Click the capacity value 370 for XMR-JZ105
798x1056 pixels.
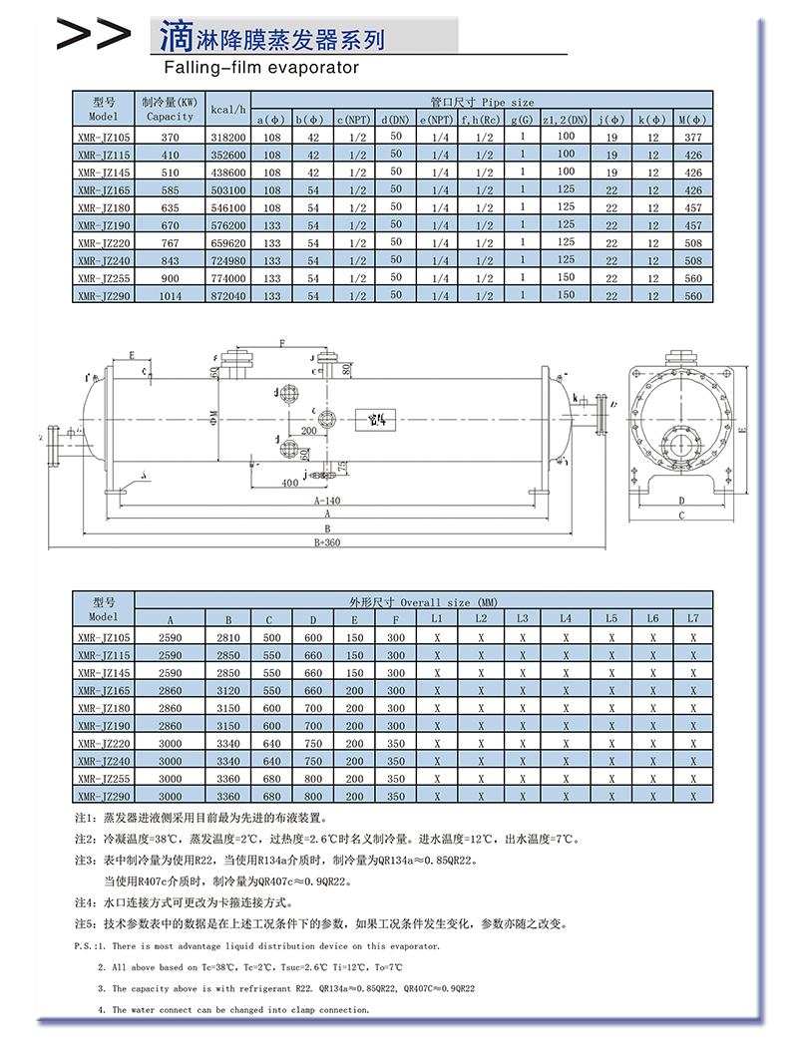point(170,137)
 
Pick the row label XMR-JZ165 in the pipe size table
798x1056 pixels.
point(103,189)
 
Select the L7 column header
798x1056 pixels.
point(692,618)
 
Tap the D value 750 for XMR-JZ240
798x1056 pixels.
point(313,761)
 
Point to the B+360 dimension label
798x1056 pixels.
point(327,542)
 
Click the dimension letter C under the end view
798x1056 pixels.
point(681,516)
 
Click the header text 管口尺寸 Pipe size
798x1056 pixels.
point(482,101)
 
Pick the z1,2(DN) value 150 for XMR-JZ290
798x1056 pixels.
point(566,295)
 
